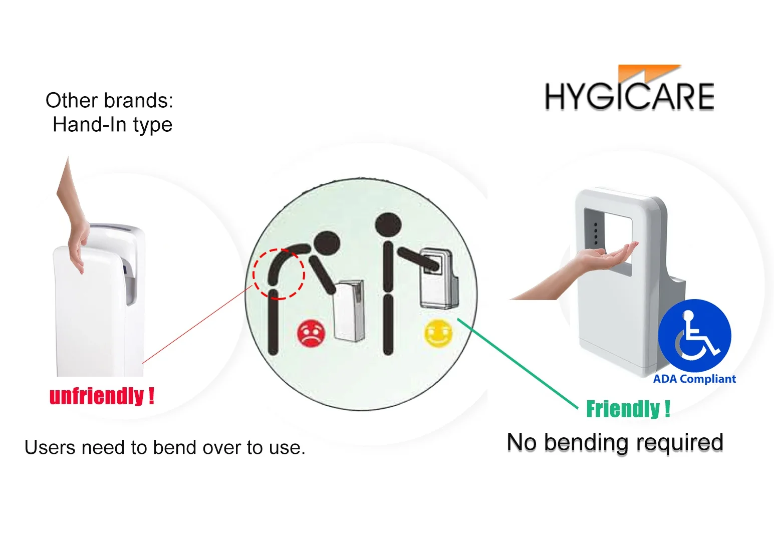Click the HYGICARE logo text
click(629, 96)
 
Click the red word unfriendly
click(96, 396)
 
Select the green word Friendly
click(623, 409)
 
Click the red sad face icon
click(311, 334)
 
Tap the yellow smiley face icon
click(438, 333)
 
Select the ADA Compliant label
click(694, 379)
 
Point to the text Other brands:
click(109, 101)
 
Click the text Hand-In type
click(112, 125)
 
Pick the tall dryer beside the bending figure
click(349, 311)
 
